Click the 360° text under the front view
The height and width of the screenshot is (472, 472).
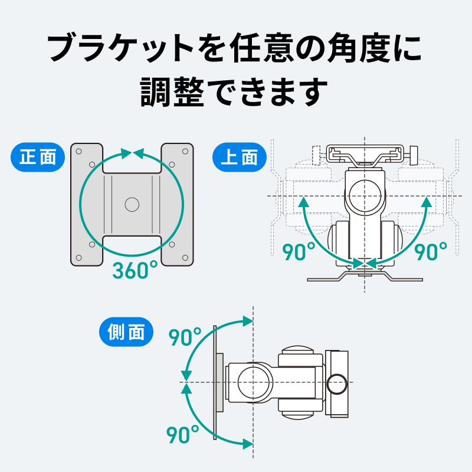(135, 270)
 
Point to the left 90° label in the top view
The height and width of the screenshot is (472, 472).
(299, 252)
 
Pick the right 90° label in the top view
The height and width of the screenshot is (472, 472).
(431, 252)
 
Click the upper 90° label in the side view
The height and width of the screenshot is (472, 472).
(185, 337)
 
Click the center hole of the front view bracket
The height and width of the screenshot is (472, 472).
(132, 204)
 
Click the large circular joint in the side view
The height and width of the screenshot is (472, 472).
(254, 382)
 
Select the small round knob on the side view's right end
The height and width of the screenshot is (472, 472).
(337, 383)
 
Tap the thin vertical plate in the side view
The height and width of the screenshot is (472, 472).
(214, 383)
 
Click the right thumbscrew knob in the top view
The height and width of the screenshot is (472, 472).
(413, 155)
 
